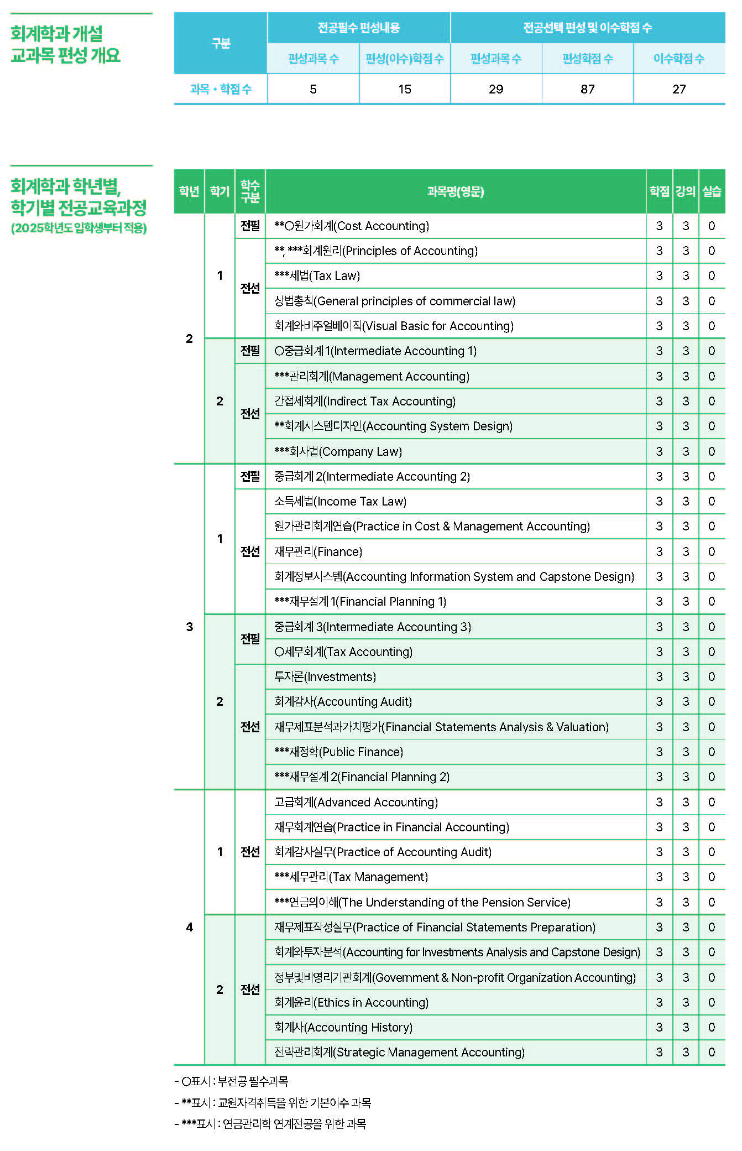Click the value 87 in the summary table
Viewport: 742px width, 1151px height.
click(587, 89)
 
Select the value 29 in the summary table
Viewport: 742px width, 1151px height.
click(496, 89)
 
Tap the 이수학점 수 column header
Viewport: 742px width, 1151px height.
click(678, 59)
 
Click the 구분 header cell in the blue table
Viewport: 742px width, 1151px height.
click(221, 43)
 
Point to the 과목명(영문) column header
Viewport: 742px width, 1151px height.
click(455, 191)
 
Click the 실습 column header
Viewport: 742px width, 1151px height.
click(712, 191)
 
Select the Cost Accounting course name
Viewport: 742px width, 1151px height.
click(352, 226)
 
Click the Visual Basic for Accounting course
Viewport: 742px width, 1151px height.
click(394, 326)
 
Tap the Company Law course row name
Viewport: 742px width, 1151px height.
click(338, 451)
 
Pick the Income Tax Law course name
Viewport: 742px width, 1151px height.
click(340, 501)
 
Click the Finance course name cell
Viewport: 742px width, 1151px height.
click(318, 551)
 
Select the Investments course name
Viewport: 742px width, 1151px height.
click(325, 676)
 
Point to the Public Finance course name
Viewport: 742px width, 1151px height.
click(338, 752)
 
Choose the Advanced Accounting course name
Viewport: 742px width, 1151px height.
click(356, 802)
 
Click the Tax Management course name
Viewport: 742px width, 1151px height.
click(351, 877)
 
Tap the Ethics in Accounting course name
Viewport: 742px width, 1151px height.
click(351, 1002)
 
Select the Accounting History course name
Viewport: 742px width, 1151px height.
click(343, 1027)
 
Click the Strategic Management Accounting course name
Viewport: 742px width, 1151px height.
click(399, 1052)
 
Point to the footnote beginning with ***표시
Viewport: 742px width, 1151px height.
click(270, 1123)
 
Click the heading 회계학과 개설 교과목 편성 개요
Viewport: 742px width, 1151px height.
click(65, 44)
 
